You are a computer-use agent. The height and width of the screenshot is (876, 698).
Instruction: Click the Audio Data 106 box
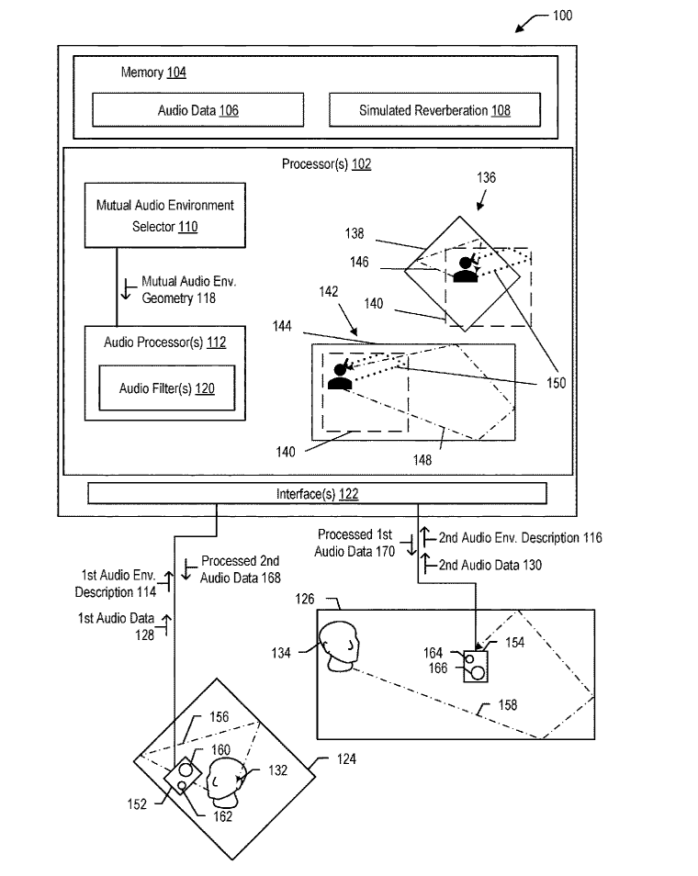197,110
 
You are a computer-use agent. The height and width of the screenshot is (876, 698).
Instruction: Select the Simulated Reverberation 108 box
434,110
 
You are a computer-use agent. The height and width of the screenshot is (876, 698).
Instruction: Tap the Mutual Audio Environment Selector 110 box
165,215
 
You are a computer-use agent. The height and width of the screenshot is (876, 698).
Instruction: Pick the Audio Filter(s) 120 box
167,388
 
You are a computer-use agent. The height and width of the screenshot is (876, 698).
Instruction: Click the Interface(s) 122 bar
317,494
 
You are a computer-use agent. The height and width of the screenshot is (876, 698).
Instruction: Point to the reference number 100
562,16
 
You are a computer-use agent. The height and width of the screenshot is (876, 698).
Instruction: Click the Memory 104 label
153,72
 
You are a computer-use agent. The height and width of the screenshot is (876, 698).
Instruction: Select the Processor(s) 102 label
326,164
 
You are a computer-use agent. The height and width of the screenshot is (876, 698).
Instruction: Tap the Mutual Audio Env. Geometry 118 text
189,289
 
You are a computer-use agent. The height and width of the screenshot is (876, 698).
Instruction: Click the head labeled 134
339,646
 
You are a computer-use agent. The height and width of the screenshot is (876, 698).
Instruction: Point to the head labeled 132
226,781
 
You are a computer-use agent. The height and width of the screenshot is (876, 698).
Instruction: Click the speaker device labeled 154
476,666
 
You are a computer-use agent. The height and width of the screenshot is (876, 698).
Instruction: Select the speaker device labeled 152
183,776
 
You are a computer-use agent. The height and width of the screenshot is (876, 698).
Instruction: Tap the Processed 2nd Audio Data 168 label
241,569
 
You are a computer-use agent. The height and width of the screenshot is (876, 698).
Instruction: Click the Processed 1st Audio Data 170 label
355,543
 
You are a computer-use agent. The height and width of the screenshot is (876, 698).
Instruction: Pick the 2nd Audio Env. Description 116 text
521,538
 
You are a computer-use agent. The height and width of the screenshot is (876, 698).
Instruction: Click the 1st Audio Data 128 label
117,626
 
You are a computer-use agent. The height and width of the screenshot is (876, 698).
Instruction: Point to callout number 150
556,383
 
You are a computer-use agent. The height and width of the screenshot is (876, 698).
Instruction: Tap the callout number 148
422,460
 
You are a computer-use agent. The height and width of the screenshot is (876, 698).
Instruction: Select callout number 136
486,177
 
